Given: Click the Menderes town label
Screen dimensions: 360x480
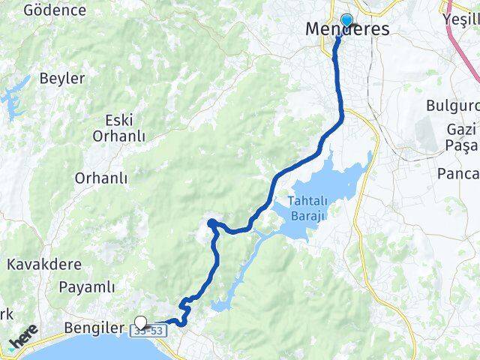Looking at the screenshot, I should (x=347, y=30).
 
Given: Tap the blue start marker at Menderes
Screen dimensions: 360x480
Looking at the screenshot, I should (x=347, y=20).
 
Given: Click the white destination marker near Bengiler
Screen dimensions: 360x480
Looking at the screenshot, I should (x=140, y=322).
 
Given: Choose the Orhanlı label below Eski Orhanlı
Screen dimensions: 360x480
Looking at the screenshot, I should (x=101, y=178).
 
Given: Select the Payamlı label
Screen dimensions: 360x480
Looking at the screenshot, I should (x=87, y=286).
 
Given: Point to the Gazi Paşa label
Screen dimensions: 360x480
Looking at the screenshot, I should (x=460, y=136).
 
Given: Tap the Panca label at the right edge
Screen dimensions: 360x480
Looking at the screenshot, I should (x=457, y=175).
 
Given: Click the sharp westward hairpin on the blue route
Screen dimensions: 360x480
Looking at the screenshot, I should (x=211, y=222).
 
